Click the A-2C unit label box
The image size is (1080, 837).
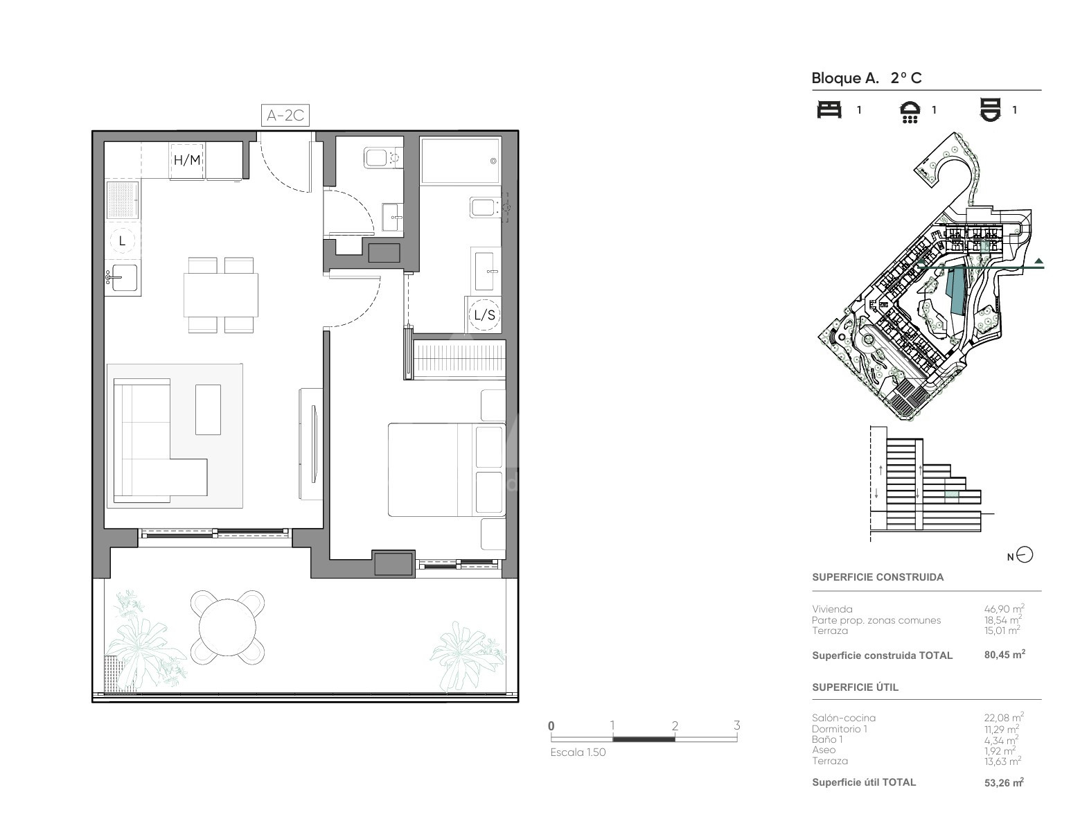[285, 115]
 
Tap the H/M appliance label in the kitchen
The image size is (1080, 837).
[187, 160]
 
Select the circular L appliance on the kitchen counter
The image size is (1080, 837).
[122, 241]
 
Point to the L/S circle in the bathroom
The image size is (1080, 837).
[485, 315]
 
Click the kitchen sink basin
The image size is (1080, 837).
[124, 277]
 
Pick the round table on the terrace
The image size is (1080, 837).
[228, 627]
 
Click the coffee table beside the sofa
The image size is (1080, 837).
[208, 409]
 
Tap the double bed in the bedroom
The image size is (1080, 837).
[446, 470]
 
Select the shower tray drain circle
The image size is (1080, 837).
[493, 161]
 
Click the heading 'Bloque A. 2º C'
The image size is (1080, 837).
[867, 78]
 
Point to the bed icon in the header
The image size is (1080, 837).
[829, 109]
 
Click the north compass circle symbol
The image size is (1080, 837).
[1025, 555]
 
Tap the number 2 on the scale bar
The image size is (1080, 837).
[675, 725]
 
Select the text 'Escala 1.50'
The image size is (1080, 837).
[578, 752]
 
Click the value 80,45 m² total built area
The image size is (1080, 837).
[1004, 655]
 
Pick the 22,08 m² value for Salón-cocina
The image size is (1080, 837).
[1004, 718]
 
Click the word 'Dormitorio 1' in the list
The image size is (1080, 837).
[840, 729]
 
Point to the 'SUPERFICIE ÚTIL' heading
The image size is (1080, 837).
[856, 687]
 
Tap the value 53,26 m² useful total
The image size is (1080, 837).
[1004, 782]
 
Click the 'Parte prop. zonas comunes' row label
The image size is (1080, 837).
[876, 620]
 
